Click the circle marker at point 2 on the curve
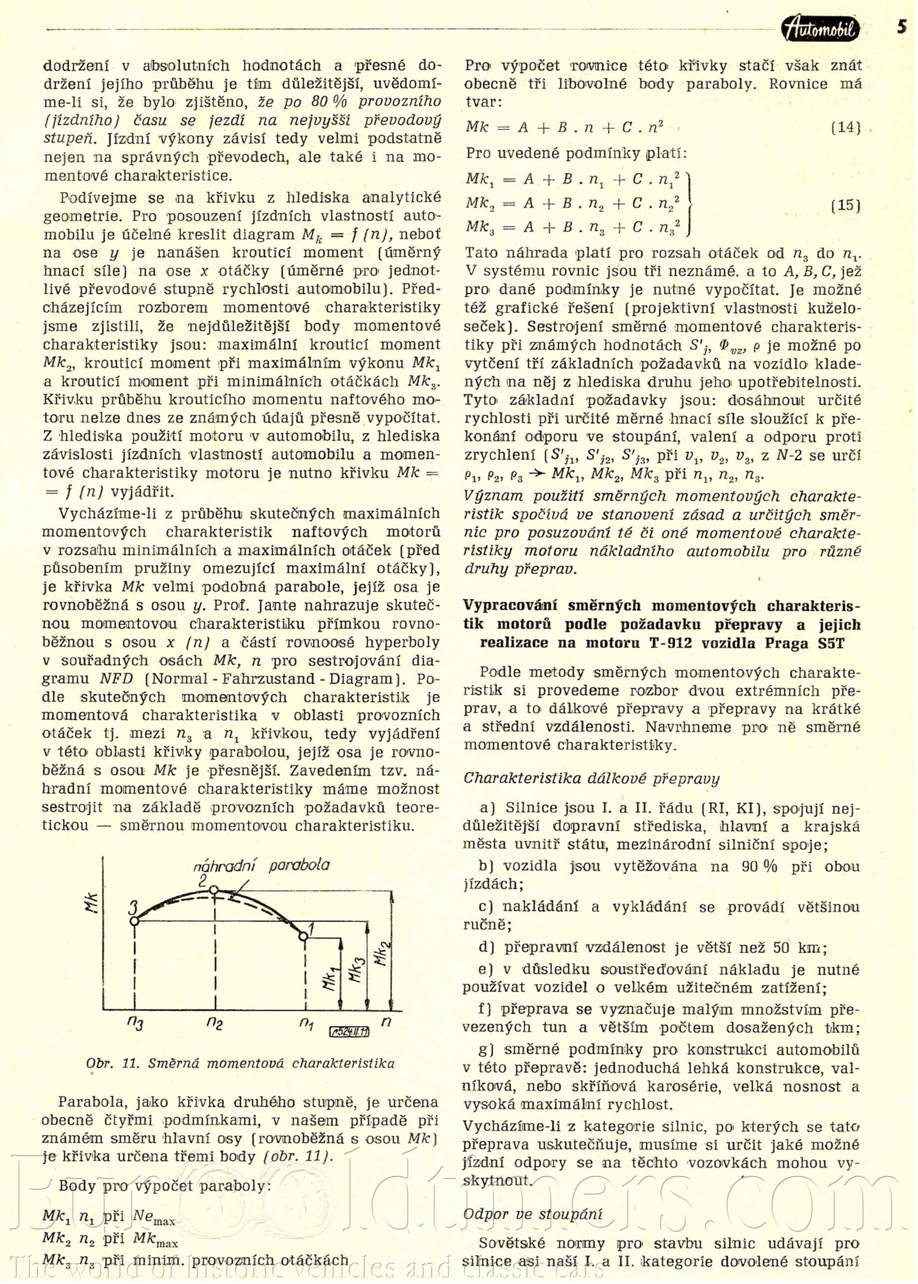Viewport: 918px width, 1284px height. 214,890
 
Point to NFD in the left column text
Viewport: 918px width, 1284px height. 116,679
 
